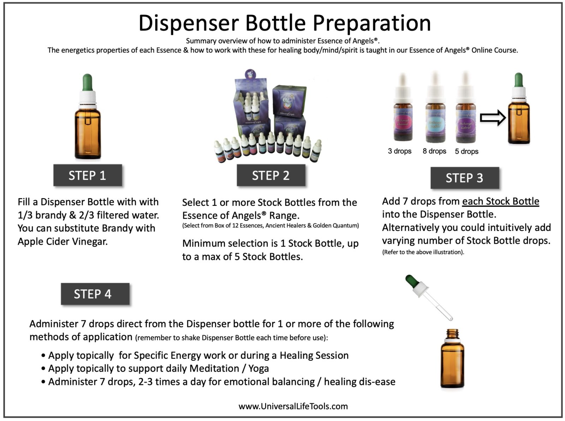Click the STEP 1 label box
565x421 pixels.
(x=87, y=175)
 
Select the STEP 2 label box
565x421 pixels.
(x=270, y=175)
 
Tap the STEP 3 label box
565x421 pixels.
(x=464, y=178)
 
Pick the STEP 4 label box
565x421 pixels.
(x=93, y=294)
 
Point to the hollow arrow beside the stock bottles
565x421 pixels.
(x=493, y=118)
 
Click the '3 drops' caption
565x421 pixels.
(x=399, y=151)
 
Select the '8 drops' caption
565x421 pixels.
(x=434, y=151)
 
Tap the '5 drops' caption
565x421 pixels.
(x=466, y=152)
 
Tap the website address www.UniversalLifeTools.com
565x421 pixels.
(x=293, y=406)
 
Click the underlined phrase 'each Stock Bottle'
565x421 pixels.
(x=500, y=201)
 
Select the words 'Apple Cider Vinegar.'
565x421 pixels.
(x=63, y=242)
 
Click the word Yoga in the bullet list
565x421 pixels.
(x=258, y=368)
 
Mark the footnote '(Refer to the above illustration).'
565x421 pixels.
(x=423, y=252)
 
